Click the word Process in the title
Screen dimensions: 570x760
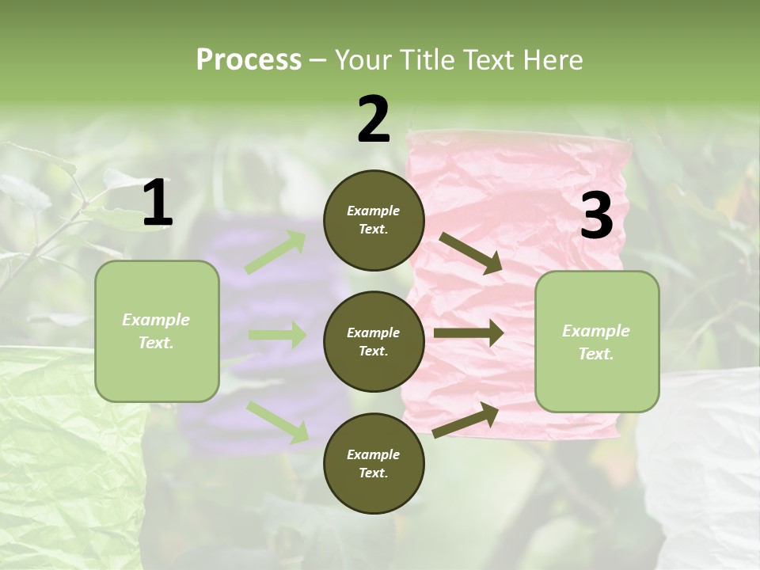click(x=249, y=60)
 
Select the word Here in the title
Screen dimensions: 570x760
click(x=551, y=60)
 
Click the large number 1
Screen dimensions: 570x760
click(x=158, y=204)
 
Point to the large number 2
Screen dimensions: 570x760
click(x=374, y=120)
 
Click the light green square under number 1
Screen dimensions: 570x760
click(x=157, y=331)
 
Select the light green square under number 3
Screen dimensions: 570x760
click(x=597, y=341)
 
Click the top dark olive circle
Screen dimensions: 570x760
click(x=374, y=220)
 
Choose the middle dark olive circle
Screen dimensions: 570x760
click(x=374, y=341)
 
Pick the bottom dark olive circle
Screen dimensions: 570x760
click(x=374, y=463)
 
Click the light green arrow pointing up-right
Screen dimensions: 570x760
click(x=275, y=253)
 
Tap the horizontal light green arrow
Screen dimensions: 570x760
click(x=276, y=335)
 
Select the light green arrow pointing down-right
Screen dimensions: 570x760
click(x=277, y=421)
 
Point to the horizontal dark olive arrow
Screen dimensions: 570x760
click(x=468, y=333)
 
